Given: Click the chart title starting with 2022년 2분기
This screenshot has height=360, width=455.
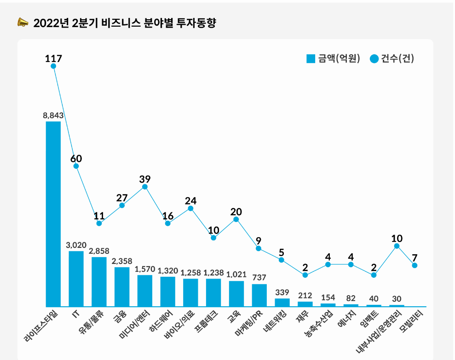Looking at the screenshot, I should pyautogui.click(x=124, y=23).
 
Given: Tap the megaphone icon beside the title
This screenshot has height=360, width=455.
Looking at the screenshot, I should pyautogui.click(x=23, y=22).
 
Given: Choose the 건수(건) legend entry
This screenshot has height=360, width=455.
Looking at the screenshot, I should pyautogui.click(x=392, y=59).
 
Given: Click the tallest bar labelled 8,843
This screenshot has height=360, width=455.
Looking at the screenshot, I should pyautogui.click(x=53, y=214).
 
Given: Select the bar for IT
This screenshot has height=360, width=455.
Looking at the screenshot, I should pyautogui.click(x=76, y=279).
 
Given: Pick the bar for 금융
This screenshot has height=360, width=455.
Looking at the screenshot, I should pyautogui.click(x=122, y=286).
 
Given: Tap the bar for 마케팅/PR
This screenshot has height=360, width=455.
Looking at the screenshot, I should pyautogui.click(x=259, y=295).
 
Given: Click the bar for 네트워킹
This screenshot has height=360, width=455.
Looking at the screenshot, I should pyautogui.click(x=282, y=302).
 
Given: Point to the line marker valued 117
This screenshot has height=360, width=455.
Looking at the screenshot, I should pyautogui.click(x=53, y=66).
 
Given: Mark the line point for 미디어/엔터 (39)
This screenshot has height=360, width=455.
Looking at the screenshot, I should pyautogui.click(x=145, y=187).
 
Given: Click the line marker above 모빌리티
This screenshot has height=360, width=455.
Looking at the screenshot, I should pyautogui.click(x=415, y=265).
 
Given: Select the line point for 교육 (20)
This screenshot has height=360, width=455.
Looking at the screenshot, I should pyautogui.click(x=236, y=219).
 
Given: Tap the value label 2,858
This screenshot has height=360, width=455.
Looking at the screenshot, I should pyautogui.click(x=99, y=251).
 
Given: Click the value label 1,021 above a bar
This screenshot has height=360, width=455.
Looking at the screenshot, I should pyautogui.click(x=236, y=275).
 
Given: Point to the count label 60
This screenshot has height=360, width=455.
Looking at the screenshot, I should pyautogui.click(x=76, y=159).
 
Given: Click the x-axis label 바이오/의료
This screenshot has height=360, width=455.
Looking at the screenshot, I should pyautogui.click(x=180, y=327).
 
